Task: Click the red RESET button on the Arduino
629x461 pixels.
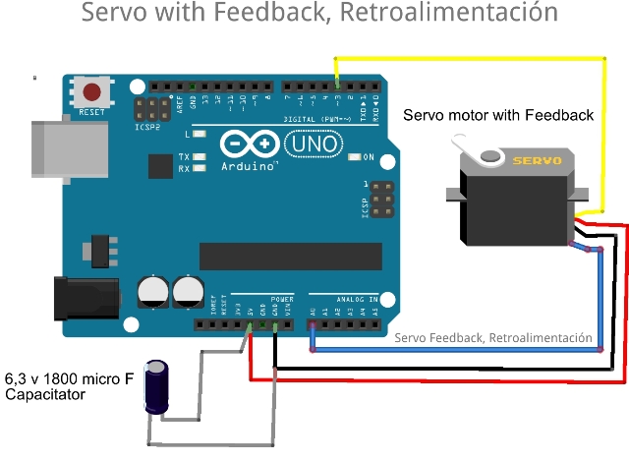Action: (91, 93)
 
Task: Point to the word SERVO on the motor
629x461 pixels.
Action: (539, 159)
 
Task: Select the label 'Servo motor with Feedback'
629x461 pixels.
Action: (498, 115)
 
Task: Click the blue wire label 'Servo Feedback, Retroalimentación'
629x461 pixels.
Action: (493, 337)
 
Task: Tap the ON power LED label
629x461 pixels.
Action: (370, 157)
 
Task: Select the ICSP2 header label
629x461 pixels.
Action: (146, 127)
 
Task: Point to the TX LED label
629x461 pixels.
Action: (184, 156)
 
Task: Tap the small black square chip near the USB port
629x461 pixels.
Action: (160, 166)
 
